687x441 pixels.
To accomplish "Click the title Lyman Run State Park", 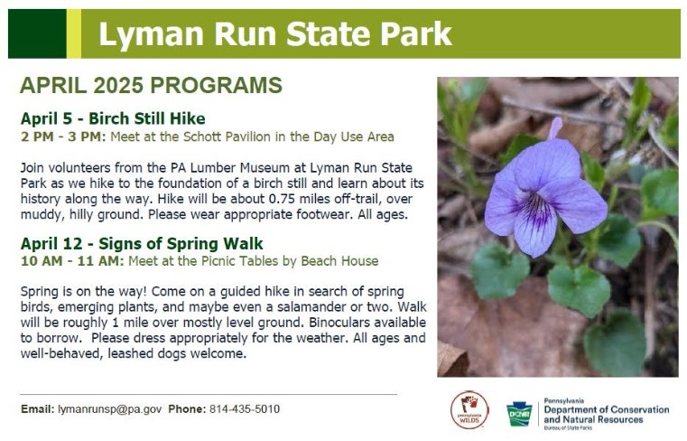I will click(274, 34).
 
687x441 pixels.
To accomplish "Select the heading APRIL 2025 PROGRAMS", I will click(151, 86).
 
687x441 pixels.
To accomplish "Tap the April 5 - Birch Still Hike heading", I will click(113, 118).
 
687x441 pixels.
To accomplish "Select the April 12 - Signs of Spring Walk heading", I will click(142, 243).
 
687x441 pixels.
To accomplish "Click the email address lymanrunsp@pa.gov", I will click(109, 409).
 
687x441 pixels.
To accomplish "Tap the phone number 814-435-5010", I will click(245, 409).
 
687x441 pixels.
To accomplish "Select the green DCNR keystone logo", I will click(519, 414).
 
